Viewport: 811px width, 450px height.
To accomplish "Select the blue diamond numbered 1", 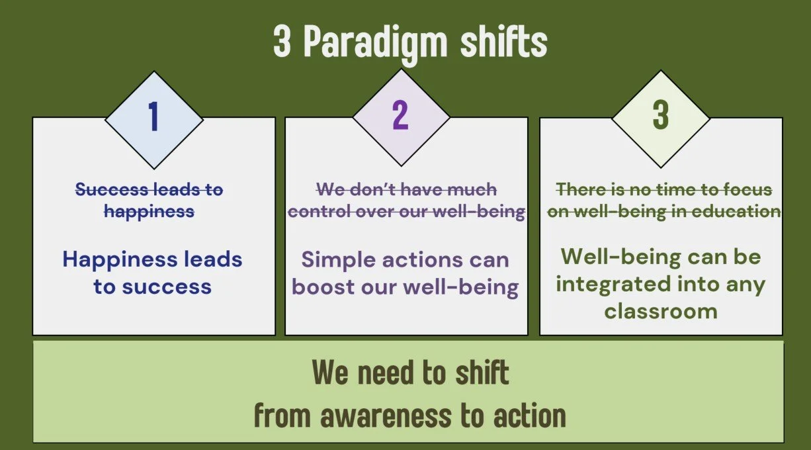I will (x=153, y=117).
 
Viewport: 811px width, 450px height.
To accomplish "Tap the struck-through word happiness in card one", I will (x=149, y=212).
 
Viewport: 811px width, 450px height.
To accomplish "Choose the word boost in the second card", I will (x=320, y=287).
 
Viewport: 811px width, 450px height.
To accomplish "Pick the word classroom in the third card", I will (x=661, y=310).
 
